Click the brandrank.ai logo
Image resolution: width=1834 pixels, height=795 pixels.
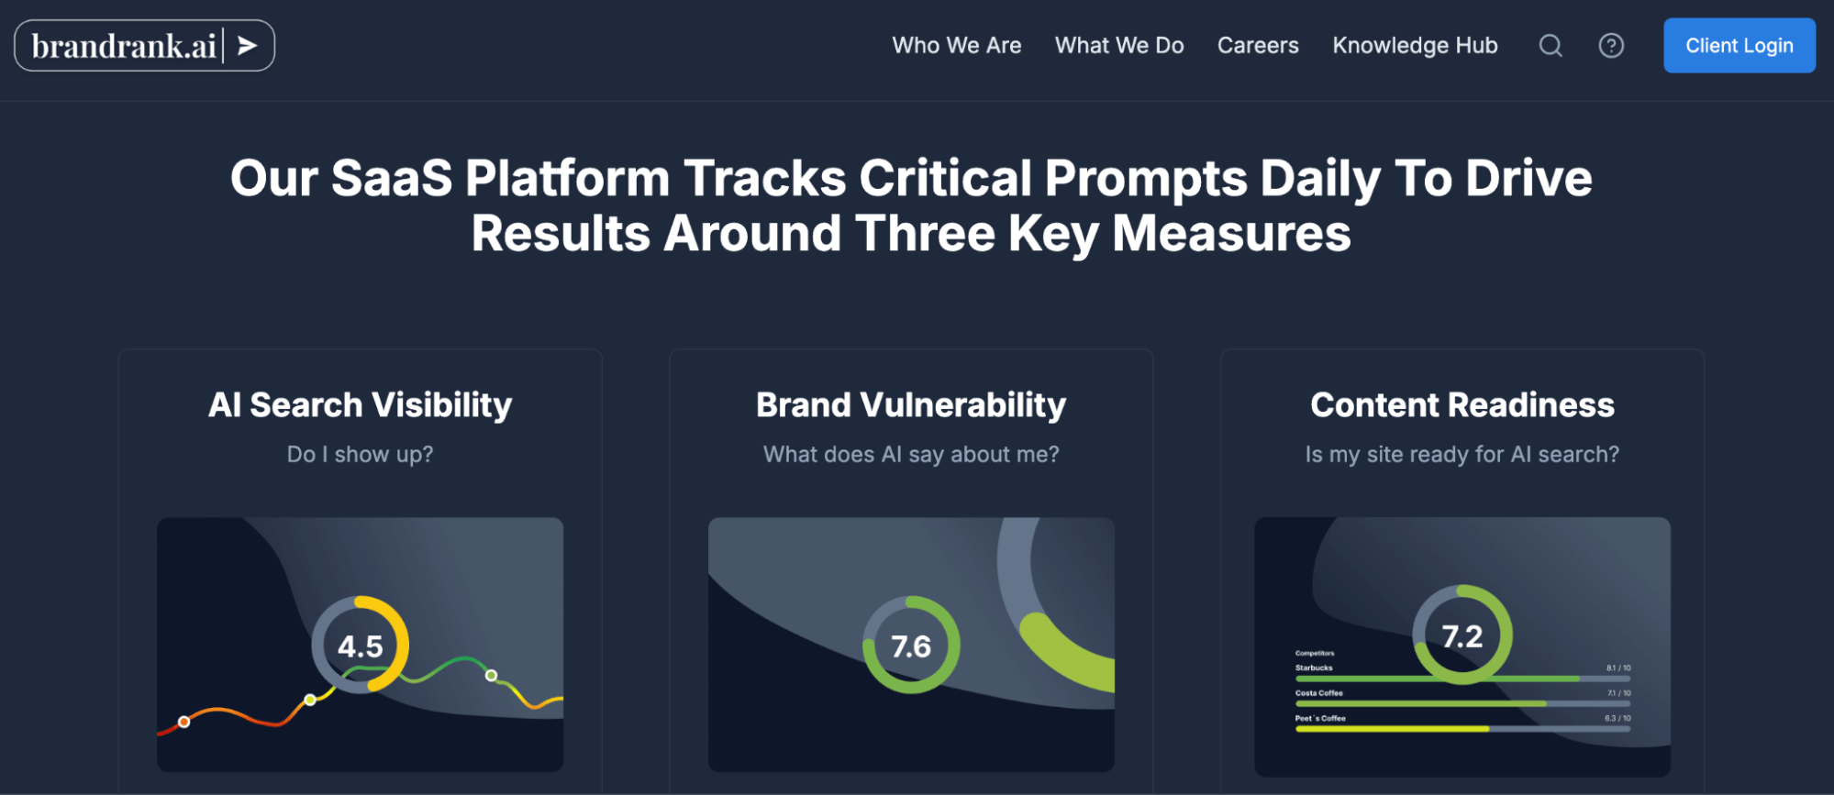[144, 46]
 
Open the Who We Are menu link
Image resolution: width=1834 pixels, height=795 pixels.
[957, 46]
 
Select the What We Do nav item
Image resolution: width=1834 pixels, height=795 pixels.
[1119, 46]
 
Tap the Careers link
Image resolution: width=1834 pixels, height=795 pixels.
[1258, 46]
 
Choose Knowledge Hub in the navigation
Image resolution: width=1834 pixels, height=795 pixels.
[1415, 46]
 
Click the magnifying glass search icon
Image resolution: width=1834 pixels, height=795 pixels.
[1551, 46]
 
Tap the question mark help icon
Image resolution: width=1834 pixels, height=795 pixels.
[1611, 46]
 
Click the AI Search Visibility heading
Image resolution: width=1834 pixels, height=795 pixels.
[360, 405]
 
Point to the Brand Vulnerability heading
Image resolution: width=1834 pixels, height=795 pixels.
[911, 405]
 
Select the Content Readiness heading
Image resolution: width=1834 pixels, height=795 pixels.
[1462, 405]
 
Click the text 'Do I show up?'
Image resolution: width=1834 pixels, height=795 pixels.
[360, 455]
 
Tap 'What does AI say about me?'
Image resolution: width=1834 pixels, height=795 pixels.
[911, 455]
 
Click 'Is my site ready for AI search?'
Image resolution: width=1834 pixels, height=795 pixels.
[1462, 455]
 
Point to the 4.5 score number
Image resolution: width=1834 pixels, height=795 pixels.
[360, 646]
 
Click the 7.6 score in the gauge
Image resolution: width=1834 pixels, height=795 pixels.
[911, 646]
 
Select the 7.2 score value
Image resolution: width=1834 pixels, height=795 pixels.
[1462, 636]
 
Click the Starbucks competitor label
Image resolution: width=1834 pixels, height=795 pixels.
[1314, 668]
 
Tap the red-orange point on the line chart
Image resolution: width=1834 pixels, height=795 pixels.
[184, 722]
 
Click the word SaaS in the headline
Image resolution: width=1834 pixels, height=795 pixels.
[392, 178]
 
